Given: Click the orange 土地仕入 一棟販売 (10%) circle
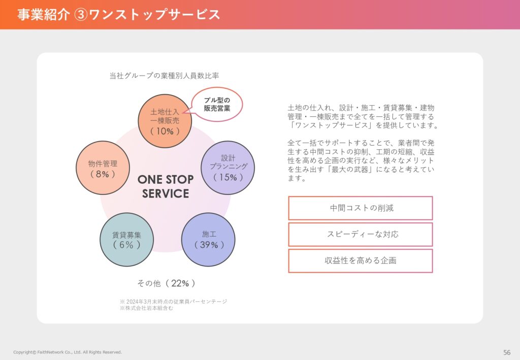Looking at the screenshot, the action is (x=165, y=121).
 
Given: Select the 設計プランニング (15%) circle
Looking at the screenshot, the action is (x=228, y=168).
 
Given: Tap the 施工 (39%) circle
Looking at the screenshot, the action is (x=208, y=239).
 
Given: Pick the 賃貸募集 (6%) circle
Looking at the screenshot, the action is (x=126, y=239).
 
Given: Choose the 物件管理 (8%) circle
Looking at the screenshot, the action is (x=103, y=168).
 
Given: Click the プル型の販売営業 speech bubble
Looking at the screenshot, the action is (x=217, y=105).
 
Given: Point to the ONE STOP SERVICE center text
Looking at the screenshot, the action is (x=166, y=186).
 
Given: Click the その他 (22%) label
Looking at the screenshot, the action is (x=166, y=283).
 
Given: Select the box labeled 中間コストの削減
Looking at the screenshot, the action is (x=361, y=208).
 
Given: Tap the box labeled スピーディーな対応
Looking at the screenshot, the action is (x=361, y=235).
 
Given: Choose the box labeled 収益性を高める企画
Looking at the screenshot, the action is (x=361, y=261).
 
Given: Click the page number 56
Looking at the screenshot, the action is (x=507, y=352).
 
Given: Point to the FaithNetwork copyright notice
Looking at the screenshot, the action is (x=68, y=352).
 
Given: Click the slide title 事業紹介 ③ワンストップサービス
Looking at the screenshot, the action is (x=118, y=15).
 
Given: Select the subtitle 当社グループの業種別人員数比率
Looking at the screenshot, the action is (x=164, y=76).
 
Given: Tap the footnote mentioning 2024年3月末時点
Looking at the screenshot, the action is (x=174, y=301).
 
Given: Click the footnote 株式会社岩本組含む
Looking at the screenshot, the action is (x=146, y=308).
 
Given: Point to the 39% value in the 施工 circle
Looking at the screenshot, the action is (x=209, y=245).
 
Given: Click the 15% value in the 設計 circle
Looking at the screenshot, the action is (x=228, y=177).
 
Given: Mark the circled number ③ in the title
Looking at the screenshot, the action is (x=81, y=15).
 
